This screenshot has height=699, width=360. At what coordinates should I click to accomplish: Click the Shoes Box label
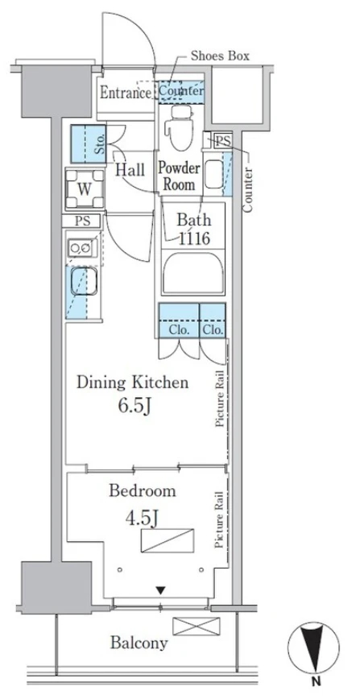pos(220,56)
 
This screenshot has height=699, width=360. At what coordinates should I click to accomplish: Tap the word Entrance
pos(126,93)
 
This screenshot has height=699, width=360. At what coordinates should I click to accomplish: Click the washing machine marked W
pos(85,189)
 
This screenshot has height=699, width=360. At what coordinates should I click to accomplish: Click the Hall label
pos(130,170)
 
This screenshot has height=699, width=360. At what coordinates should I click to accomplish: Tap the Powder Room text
pos(180,177)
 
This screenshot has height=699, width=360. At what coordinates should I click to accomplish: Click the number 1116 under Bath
pos(194,238)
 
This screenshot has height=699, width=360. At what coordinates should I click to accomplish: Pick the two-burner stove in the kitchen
pos(81,247)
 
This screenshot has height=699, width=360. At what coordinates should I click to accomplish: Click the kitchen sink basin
pos(84,281)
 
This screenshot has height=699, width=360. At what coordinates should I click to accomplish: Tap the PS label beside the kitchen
pos(83,221)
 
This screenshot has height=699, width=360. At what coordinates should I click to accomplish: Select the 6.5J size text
pos(133,407)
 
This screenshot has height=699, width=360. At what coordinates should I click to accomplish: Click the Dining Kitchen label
pos(133,383)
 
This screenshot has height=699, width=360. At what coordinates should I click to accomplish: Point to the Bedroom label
pos(143,490)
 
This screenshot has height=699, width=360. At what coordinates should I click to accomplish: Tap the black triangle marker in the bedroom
pos(160,590)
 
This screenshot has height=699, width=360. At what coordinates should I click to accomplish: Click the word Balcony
pos(139,643)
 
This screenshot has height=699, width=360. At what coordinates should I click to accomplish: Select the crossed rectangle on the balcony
pos(197,626)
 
